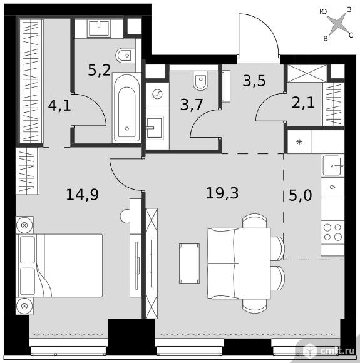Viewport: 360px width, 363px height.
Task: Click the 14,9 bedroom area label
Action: point(83,194)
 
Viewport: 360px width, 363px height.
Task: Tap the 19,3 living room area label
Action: point(222,193)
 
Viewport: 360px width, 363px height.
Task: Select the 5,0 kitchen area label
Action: point(301,195)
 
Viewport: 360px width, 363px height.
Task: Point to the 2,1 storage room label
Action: point(303,103)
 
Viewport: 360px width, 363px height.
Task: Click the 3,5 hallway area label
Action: point(254,81)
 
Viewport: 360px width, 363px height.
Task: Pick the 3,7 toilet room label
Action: point(192,105)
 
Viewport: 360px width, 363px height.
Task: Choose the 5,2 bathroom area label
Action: point(100,70)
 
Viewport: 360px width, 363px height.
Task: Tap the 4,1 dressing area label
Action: point(59,105)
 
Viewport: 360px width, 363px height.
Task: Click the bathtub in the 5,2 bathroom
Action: point(126,108)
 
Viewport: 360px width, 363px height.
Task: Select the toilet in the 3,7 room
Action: point(200,80)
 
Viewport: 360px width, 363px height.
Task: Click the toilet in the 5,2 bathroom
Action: point(125,56)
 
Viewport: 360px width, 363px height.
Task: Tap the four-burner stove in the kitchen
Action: point(332,232)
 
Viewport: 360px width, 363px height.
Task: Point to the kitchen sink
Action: point(333,165)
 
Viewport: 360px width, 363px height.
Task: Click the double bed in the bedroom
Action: point(59,265)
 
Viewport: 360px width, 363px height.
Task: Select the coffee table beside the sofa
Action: point(189,263)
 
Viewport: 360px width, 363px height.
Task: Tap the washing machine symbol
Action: point(157,94)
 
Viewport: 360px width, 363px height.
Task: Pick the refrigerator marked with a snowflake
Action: point(299,141)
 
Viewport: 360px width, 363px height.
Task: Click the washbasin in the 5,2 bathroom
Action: point(99,28)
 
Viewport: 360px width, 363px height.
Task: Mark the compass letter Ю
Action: point(323,11)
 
